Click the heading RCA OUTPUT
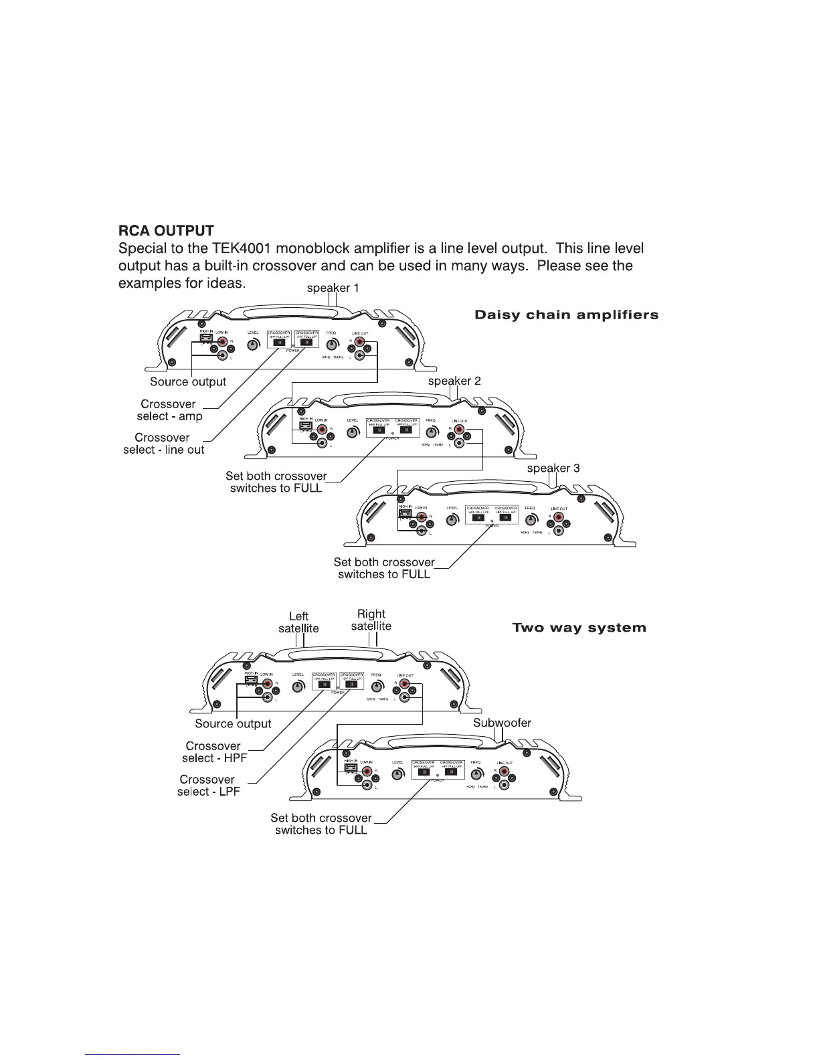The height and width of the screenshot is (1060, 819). (x=166, y=231)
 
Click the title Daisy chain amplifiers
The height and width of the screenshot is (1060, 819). (x=566, y=315)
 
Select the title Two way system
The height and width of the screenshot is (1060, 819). (x=579, y=628)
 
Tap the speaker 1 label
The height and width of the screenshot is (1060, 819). (x=333, y=288)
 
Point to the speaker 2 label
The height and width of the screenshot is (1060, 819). (x=454, y=381)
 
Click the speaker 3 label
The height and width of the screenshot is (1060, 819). (x=553, y=468)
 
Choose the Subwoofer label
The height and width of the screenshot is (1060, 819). (x=502, y=723)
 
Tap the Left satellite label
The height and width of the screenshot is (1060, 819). (x=298, y=622)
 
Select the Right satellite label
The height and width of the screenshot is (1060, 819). (x=371, y=620)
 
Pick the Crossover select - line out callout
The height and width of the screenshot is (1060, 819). (x=163, y=444)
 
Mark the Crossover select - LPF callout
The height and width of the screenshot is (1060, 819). (x=208, y=786)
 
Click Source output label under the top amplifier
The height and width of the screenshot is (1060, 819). (x=188, y=382)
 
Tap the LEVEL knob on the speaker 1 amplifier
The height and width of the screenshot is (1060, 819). (x=254, y=345)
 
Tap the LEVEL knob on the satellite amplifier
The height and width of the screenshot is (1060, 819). (x=298, y=686)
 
